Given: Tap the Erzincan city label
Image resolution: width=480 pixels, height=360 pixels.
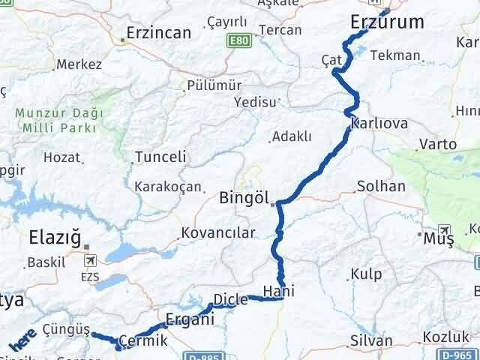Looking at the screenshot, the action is click(158, 33).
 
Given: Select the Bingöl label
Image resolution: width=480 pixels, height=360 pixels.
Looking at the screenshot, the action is click(244, 199).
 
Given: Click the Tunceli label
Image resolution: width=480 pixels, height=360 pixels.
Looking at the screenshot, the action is click(160, 157).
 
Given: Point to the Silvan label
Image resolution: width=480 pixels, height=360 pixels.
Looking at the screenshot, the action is click(371, 340).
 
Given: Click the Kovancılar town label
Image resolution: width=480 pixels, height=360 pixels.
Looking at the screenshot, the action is click(223, 233).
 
